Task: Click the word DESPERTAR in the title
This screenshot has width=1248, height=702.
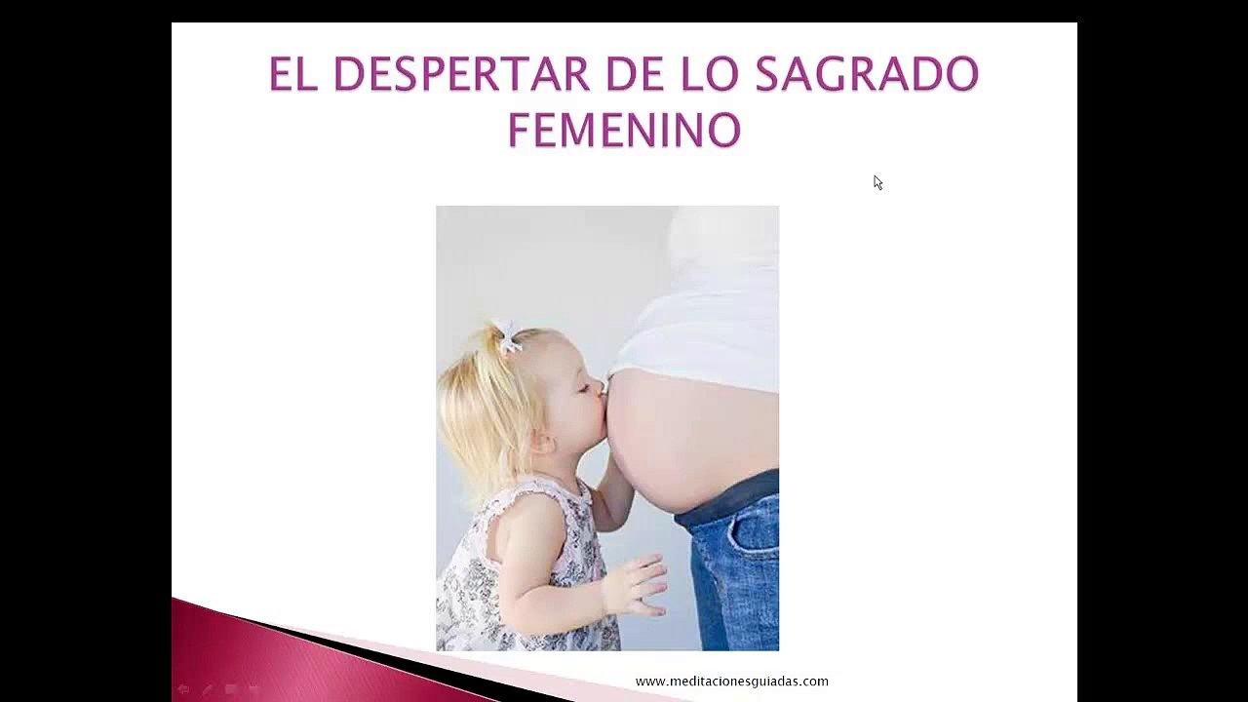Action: point(461,73)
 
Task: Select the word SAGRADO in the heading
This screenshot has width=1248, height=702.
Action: point(867,73)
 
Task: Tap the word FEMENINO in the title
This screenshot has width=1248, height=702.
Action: point(625,131)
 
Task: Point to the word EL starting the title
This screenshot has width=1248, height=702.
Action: point(293,73)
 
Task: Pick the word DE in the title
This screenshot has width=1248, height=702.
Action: point(636,73)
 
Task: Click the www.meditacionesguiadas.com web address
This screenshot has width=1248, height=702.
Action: point(731,682)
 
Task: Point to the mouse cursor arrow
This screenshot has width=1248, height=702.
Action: point(878,182)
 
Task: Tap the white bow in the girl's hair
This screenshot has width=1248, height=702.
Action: point(509,337)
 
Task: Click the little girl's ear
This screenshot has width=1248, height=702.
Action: point(542,444)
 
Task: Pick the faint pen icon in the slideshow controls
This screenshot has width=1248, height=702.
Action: point(208,690)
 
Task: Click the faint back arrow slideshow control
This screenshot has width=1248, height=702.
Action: point(183,690)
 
